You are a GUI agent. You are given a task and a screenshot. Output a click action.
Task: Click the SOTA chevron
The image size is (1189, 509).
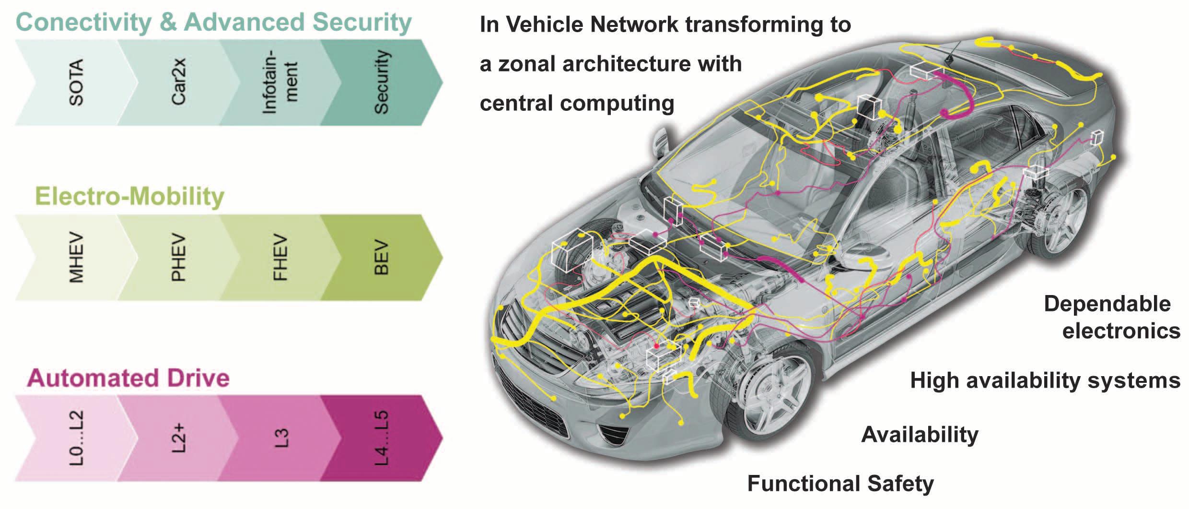[72, 83]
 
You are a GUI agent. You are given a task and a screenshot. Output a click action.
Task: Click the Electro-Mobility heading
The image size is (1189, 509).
[129, 197]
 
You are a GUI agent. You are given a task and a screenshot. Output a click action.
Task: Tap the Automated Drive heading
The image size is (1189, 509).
[128, 378]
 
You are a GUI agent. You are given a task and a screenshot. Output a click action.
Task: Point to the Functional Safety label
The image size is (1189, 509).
[840, 484]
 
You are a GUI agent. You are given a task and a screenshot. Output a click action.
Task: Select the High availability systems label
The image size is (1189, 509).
[1045, 380]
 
